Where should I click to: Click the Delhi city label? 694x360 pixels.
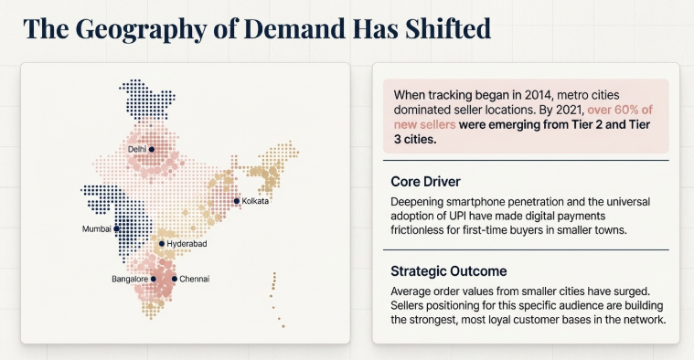click(x=136, y=148)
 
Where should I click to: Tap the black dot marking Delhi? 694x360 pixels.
click(x=152, y=148)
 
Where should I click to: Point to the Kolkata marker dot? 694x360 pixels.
click(x=236, y=201)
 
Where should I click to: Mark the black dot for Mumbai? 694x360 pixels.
click(x=115, y=228)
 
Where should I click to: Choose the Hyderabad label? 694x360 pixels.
click(x=187, y=245)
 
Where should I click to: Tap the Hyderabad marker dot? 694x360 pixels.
click(x=162, y=244)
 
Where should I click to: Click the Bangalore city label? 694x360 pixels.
click(x=129, y=279)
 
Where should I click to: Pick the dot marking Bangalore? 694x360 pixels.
click(x=153, y=279)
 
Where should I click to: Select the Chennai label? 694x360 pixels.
click(x=194, y=279)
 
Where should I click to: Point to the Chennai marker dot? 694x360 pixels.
click(x=174, y=279)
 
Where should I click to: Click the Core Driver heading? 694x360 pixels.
click(x=425, y=181)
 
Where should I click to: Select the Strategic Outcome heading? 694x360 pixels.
click(x=448, y=271)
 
